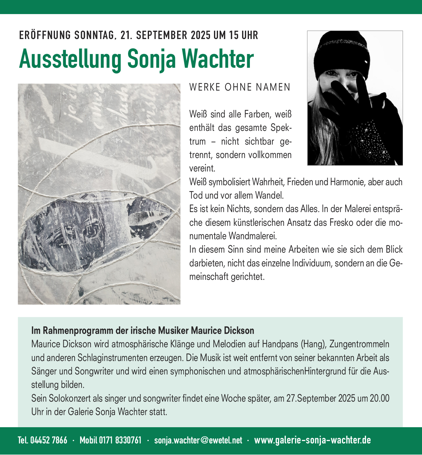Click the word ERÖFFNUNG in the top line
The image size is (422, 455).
pyautogui.click(x=45, y=35)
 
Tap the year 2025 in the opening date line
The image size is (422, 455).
pyautogui.click(x=201, y=35)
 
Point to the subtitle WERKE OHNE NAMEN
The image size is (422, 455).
pyautogui.click(x=240, y=87)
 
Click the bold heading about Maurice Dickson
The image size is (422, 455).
pyautogui.click(x=143, y=330)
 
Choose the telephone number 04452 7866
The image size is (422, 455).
pyautogui.click(x=49, y=440)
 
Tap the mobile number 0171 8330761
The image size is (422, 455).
pyautogui.click(x=120, y=440)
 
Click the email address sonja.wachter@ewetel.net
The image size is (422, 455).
pyautogui.click(x=198, y=440)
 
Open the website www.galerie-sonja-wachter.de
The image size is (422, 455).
pyautogui.click(x=312, y=440)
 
